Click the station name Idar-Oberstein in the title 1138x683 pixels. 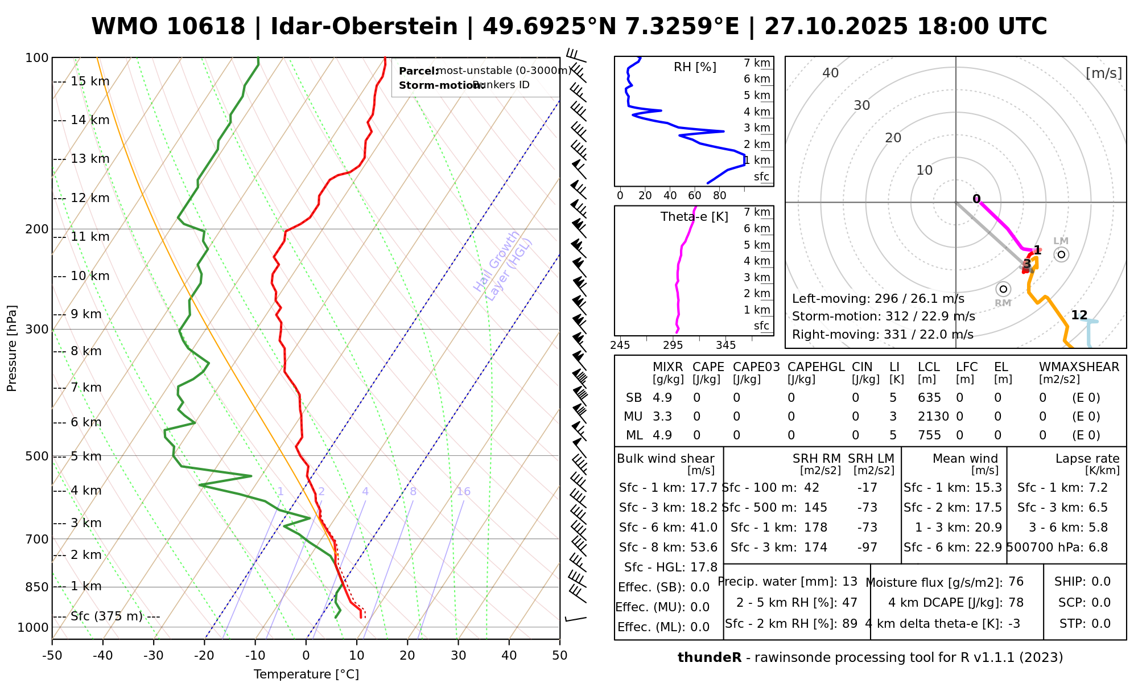(x=364, y=27)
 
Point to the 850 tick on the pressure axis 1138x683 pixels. (x=38, y=587)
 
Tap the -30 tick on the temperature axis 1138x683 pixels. (x=154, y=656)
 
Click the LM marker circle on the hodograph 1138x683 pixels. (x=1061, y=254)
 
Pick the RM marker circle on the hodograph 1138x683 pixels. (x=1003, y=289)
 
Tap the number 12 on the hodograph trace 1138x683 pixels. (x=1079, y=315)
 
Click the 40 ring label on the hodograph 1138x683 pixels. (x=831, y=73)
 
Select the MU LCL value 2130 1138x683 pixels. (x=933, y=417)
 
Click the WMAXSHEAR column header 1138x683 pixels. (x=1079, y=367)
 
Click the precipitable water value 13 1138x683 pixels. (x=850, y=582)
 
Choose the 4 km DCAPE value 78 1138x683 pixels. (x=1016, y=603)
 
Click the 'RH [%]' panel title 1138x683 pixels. (x=695, y=67)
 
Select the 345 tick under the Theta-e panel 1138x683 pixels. (x=725, y=345)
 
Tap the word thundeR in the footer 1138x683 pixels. (x=710, y=658)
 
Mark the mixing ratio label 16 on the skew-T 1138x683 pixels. (x=464, y=492)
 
